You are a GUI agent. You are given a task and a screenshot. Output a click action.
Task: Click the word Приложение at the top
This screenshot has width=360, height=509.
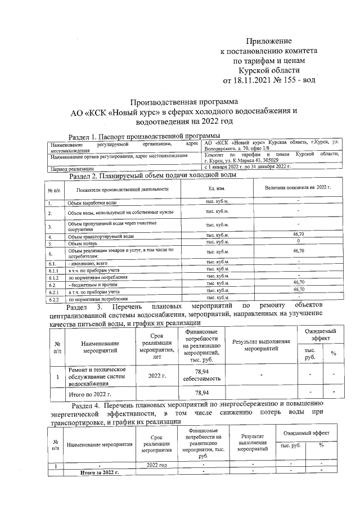click(269, 41)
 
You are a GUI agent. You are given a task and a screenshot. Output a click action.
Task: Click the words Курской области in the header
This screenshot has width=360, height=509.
click(269, 70)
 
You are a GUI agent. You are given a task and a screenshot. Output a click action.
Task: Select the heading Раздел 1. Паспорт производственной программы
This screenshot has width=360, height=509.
click(143, 136)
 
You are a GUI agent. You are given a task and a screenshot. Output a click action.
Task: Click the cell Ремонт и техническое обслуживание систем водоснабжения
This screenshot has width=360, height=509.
click(98, 376)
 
